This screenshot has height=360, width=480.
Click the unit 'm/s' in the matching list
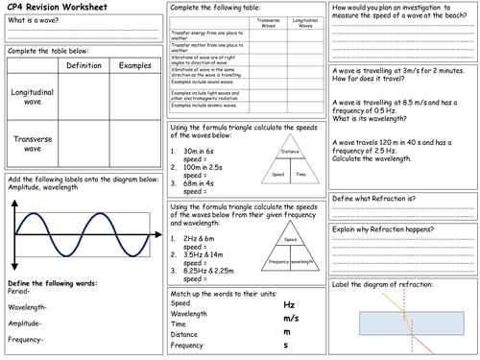tap(291, 318)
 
